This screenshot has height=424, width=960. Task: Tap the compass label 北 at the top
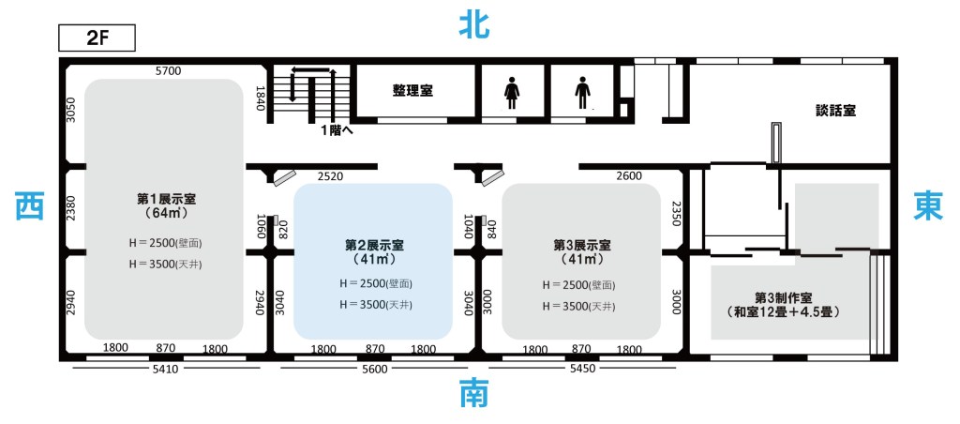click(x=474, y=24)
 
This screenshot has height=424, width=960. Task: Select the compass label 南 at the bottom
click(x=473, y=393)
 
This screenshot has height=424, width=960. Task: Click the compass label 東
click(x=928, y=205)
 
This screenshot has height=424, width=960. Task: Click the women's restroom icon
click(x=512, y=94)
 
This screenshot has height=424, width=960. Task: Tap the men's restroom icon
click(x=582, y=94)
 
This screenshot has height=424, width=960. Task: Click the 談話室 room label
click(x=835, y=109)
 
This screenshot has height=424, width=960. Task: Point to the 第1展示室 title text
click(x=166, y=199)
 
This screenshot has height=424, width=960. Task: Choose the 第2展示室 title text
click(x=373, y=244)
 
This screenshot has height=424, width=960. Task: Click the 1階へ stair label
click(x=337, y=130)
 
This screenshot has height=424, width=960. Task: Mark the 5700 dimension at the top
click(x=168, y=71)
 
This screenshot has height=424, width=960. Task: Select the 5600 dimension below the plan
click(x=373, y=370)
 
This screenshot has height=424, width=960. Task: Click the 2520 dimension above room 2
click(x=330, y=176)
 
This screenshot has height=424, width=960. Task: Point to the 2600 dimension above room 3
click(x=629, y=176)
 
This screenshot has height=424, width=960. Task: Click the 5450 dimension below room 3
click(x=582, y=370)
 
